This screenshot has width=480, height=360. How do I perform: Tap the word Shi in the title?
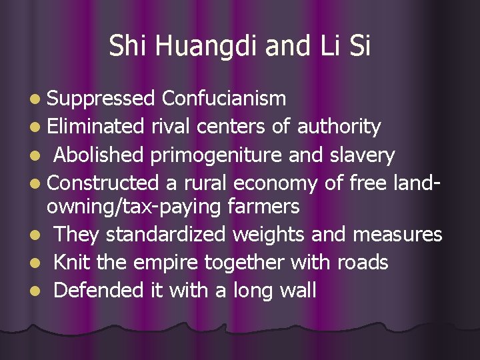tap(127, 47)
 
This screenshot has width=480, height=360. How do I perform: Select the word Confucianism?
tap(224, 99)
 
